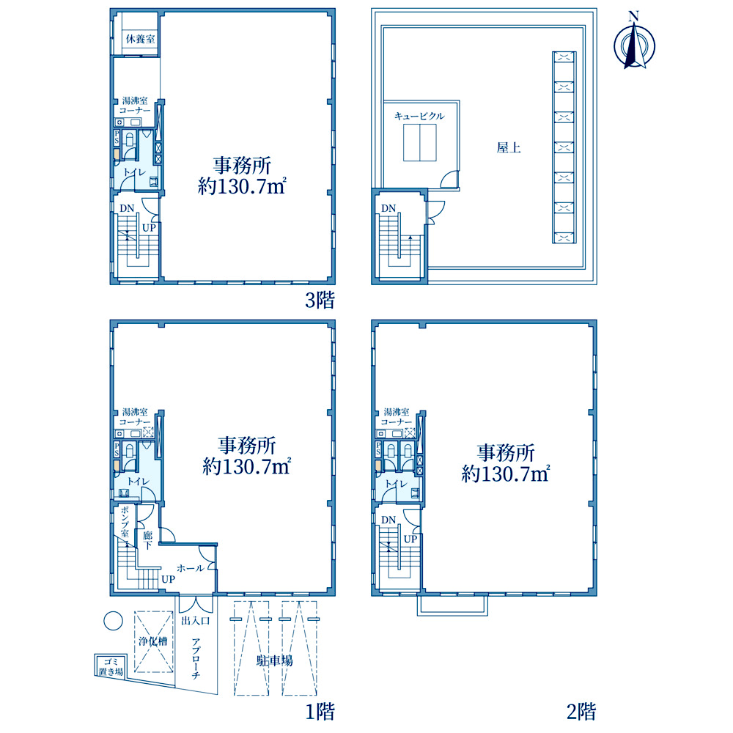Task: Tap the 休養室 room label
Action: (x=140, y=39)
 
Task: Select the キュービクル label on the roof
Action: (x=419, y=116)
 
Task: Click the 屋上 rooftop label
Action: (x=509, y=148)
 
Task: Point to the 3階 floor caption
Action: (x=320, y=300)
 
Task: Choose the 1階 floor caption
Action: (x=320, y=712)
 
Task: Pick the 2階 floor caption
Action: (x=581, y=712)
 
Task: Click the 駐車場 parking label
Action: (x=275, y=660)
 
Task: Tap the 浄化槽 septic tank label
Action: (x=153, y=641)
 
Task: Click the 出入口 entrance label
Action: (x=196, y=621)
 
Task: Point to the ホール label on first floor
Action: (x=191, y=568)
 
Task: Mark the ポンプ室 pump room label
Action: (x=125, y=521)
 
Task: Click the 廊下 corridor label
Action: (x=148, y=540)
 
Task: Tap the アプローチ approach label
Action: (x=196, y=658)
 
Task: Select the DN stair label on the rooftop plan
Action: (x=388, y=208)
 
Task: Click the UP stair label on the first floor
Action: (x=169, y=579)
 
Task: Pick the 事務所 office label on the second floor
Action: (x=505, y=453)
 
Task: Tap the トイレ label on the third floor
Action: (x=135, y=172)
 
